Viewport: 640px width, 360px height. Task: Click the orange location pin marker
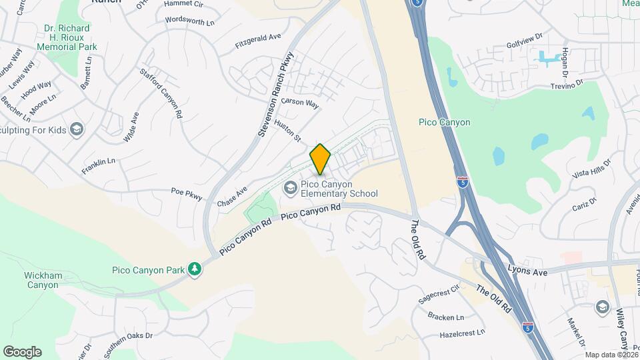tap(320, 159)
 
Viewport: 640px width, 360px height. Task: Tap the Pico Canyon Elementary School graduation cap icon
tap(290, 188)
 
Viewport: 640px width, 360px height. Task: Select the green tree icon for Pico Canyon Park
tap(194, 268)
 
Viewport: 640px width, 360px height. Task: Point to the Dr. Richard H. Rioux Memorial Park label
tap(67, 37)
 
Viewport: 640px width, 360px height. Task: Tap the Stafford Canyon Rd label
tap(161, 93)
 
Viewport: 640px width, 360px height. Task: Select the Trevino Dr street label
tap(567, 85)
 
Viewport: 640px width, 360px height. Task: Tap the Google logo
tap(22, 351)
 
